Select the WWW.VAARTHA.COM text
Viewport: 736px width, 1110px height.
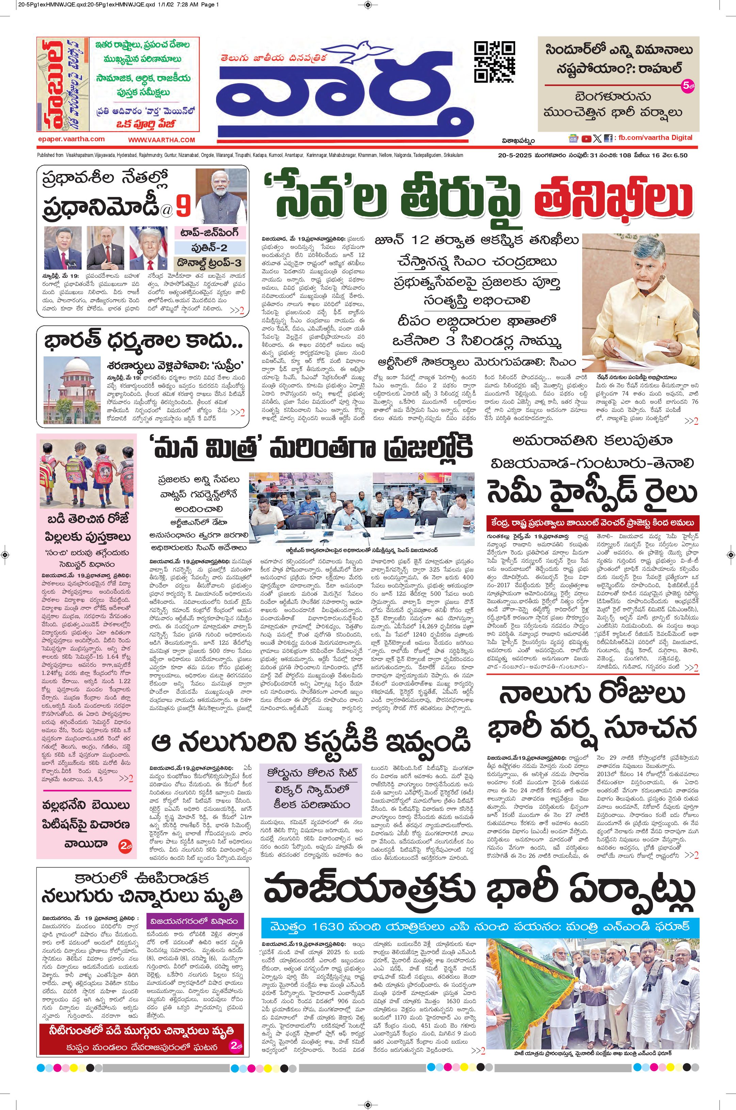coord(162,140)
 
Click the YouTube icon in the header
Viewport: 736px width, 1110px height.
coord(586,139)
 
